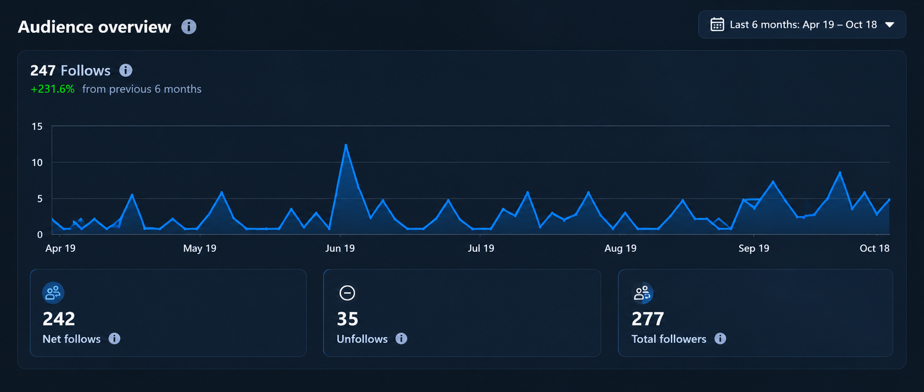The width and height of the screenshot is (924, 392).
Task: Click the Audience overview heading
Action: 95,27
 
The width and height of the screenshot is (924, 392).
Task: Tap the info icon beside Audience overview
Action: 189,27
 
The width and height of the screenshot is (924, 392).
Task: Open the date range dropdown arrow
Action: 890,25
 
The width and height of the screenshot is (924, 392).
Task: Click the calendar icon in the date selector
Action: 717,24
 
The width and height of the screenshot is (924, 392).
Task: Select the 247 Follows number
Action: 43,70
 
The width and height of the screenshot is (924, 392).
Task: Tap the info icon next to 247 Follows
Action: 126,70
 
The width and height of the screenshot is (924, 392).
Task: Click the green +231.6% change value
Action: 53,89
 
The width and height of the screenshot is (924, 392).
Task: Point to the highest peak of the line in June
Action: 346,145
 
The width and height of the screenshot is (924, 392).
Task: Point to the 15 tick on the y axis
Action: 37,126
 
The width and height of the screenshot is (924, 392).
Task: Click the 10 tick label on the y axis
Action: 37,163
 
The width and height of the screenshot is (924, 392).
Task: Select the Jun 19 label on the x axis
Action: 340,248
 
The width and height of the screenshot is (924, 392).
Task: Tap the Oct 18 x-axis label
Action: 874,248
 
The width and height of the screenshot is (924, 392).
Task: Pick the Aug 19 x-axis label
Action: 620,248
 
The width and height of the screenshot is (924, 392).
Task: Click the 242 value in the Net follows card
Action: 59,319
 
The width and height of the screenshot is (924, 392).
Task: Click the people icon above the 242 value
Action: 53,293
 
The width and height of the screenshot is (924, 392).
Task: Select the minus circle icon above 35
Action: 347,293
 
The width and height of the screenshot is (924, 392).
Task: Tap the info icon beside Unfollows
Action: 401,338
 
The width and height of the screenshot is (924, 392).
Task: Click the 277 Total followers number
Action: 647,319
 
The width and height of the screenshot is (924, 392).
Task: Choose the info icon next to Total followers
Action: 720,338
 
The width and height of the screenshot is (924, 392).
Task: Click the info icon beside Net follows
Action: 114,338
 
